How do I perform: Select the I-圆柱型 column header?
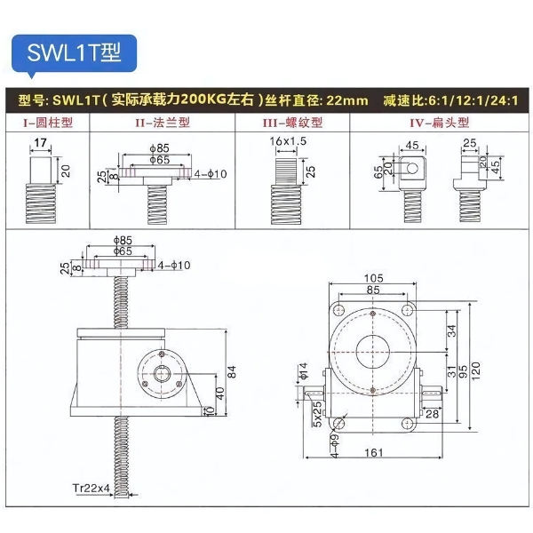[48, 123]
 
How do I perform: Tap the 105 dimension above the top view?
[373, 277]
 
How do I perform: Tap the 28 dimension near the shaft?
[433, 413]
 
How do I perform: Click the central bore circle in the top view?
[373, 350]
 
